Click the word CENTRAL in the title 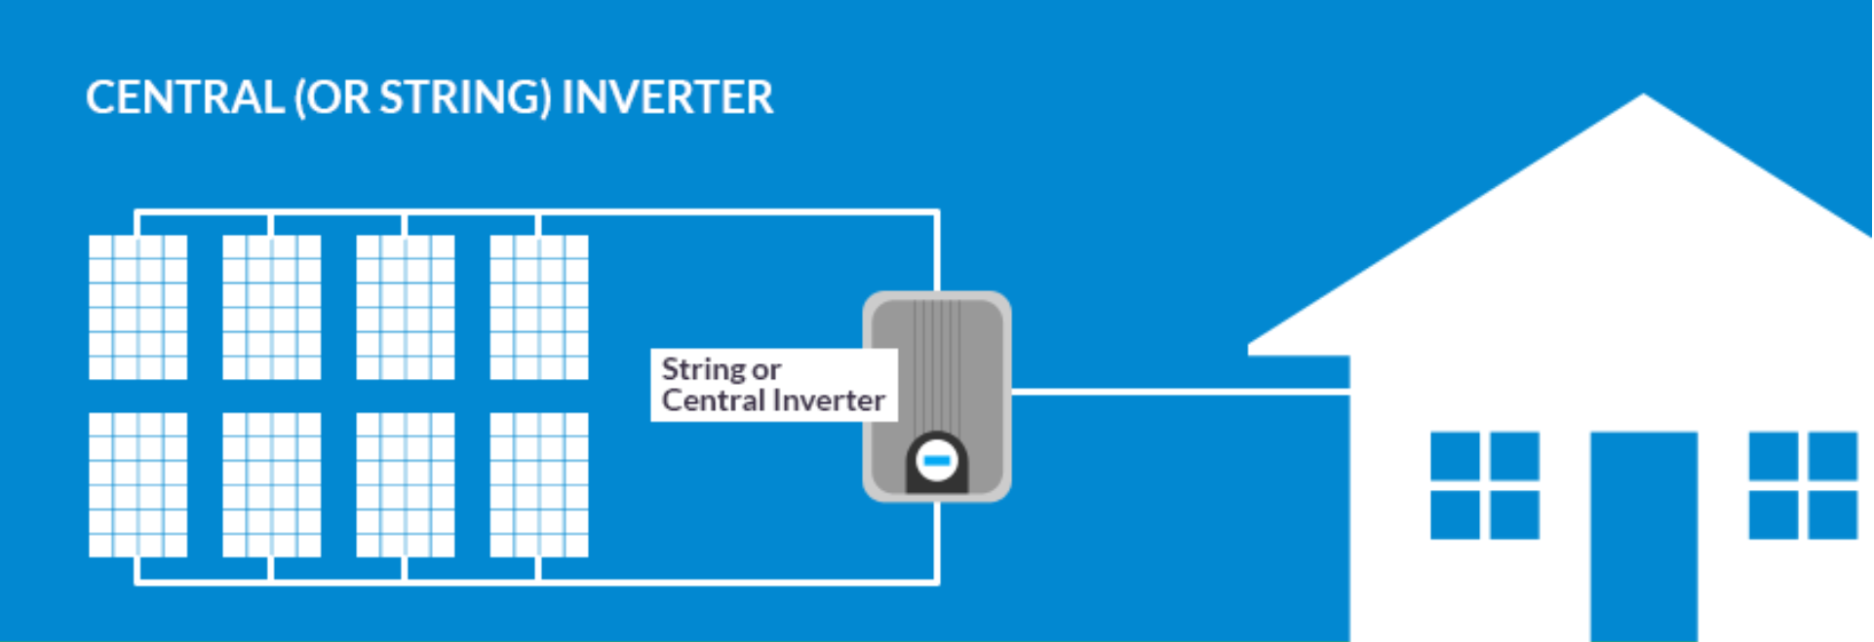coord(184,97)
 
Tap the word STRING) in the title coord(465,97)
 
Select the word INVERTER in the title coord(668,97)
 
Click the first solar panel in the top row coord(137,307)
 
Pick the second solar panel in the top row coord(271,307)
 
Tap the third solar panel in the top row coord(405,307)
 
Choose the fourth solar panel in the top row coord(538,307)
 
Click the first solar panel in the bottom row coord(137,484)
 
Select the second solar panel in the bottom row coord(271,484)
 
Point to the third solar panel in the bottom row coord(405,484)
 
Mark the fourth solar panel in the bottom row coord(538,484)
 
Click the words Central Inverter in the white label coord(772,400)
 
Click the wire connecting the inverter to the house coord(1180,392)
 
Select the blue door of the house coord(1643,536)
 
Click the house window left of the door coord(1484,485)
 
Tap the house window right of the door coord(1802,485)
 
